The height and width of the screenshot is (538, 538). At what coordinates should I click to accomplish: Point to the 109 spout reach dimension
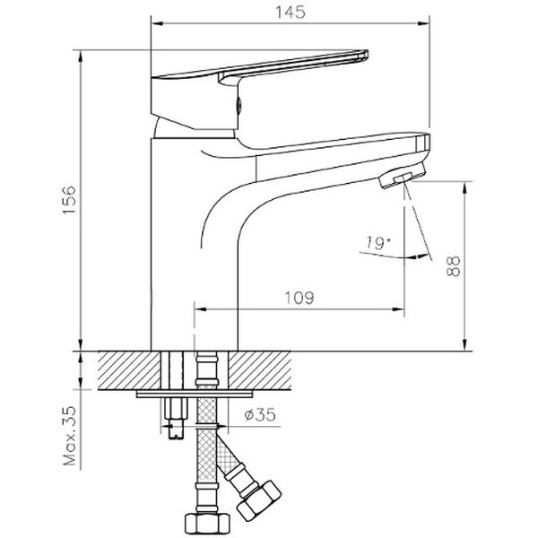pos(299,299)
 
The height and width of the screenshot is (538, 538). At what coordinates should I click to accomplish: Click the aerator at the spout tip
pos(399,177)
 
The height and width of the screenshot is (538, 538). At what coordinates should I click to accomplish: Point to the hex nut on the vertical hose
pos(201,520)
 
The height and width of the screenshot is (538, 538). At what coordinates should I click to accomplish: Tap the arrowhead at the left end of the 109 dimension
pos(199,310)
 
